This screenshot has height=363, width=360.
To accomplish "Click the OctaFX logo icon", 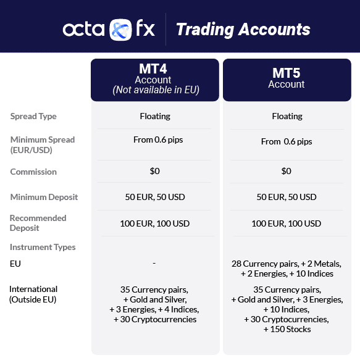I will pyautogui.click(x=120, y=30).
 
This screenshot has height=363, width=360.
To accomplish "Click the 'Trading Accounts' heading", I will pyautogui.click(x=243, y=29).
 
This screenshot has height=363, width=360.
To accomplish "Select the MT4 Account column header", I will pyautogui.click(x=154, y=79).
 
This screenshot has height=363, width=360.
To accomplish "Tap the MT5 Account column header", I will pyautogui.click(x=287, y=79).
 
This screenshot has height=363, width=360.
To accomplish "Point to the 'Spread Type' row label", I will pyautogui.click(x=33, y=116).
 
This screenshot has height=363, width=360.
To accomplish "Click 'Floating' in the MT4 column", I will pyautogui.click(x=154, y=115).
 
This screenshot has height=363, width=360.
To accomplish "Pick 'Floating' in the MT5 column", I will pyautogui.click(x=287, y=115).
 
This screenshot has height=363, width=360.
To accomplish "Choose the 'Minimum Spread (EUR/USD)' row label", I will pyautogui.click(x=42, y=144).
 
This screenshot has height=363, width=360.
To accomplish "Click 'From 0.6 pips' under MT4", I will pyautogui.click(x=158, y=140).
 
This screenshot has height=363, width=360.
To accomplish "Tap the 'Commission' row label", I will pyautogui.click(x=33, y=172).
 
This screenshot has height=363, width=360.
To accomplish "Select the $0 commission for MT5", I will pyautogui.click(x=287, y=171).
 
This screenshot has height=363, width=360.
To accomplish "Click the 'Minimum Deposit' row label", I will pyautogui.click(x=44, y=197).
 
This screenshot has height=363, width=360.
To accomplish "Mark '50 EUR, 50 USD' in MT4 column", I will pyautogui.click(x=154, y=197).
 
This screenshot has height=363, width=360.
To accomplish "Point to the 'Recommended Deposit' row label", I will pyautogui.click(x=38, y=223).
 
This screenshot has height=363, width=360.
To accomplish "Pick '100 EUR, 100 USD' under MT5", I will pyautogui.click(x=287, y=223).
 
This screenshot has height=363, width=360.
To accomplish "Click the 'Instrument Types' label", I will pyautogui.click(x=43, y=247).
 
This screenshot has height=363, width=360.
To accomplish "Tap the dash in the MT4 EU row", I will pyautogui.click(x=154, y=264).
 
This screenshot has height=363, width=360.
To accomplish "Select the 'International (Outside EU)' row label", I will pyautogui.click(x=33, y=294).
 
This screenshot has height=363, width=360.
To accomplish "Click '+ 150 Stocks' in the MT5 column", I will pyautogui.click(x=287, y=329).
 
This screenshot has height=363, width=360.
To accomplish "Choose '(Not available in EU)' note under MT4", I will pyautogui.click(x=156, y=90).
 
